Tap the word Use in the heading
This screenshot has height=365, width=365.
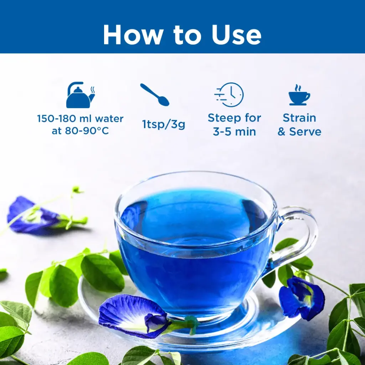[236, 35]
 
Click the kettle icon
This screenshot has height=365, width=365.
[81, 95]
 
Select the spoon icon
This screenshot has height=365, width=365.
[155, 95]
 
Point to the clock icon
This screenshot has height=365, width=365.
[229, 94]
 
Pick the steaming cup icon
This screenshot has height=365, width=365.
[299, 95]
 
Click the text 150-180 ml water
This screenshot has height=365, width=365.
[80, 118]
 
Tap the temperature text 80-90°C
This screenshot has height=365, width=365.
[87, 131]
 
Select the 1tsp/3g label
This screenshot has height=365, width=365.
[164, 124]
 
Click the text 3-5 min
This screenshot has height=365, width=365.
[235, 132]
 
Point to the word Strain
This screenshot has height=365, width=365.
[299, 118]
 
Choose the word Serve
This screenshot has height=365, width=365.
[305, 132]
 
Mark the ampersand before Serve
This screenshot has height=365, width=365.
[282, 132]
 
